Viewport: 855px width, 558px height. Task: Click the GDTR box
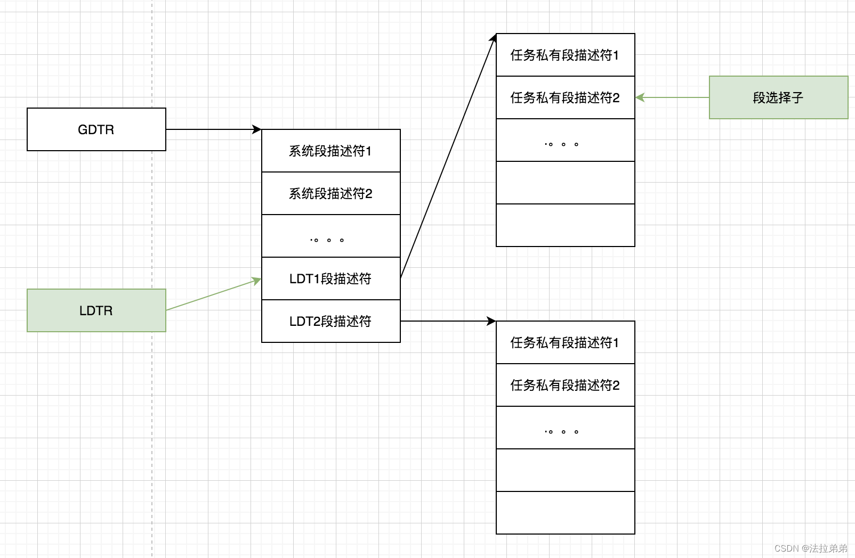(x=96, y=129)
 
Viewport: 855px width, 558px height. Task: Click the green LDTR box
(x=96, y=310)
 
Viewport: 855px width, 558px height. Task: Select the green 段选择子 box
(x=778, y=97)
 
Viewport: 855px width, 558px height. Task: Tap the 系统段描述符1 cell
(x=330, y=151)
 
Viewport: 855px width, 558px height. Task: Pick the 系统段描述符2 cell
(x=330, y=193)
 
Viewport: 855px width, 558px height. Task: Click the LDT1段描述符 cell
(x=330, y=278)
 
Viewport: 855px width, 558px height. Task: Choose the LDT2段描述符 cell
(x=330, y=321)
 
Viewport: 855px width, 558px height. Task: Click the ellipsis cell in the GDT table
(x=330, y=236)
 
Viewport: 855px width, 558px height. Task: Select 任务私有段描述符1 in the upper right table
(x=565, y=55)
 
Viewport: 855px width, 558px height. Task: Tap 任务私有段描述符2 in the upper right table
(x=565, y=97)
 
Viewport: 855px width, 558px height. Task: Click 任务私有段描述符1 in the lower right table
(x=565, y=342)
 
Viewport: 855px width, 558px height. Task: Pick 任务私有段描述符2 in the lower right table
(x=565, y=385)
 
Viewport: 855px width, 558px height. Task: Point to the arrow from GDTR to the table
(x=213, y=129)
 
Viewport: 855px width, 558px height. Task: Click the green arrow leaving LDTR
(x=213, y=294)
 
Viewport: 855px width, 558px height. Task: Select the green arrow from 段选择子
(x=672, y=97)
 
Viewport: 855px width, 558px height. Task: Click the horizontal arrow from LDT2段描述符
(x=448, y=321)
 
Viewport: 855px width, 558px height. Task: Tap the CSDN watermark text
(x=811, y=548)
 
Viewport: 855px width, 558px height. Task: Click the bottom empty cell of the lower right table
(x=565, y=513)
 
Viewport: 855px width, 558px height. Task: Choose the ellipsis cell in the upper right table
(x=565, y=140)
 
